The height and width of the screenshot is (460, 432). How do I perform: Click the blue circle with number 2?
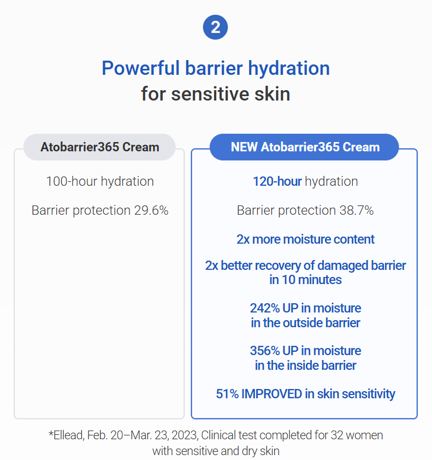pyautogui.click(x=215, y=27)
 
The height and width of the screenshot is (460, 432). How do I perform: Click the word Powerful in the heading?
pyautogui.click(x=140, y=68)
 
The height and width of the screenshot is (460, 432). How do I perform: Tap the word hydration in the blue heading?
pyautogui.click(x=289, y=69)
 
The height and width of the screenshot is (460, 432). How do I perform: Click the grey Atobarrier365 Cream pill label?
pyautogui.click(x=100, y=147)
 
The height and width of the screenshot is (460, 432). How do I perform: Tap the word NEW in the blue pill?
pyautogui.click(x=244, y=147)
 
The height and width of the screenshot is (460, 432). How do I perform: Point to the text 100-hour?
pyautogui.click(x=72, y=181)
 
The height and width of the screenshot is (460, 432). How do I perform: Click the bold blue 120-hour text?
pyautogui.click(x=277, y=181)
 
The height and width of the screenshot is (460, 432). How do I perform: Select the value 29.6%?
pyautogui.click(x=151, y=210)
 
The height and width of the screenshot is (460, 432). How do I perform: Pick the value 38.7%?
pyautogui.click(x=357, y=210)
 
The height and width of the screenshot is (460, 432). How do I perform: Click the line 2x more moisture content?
pyautogui.click(x=306, y=239)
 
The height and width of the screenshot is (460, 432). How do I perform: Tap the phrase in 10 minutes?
pyautogui.click(x=306, y=280)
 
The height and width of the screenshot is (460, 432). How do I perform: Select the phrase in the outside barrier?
pyautogui.click(x=306, y=323)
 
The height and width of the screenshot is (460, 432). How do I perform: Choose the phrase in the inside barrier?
pyautogui.click(x=306, y=365)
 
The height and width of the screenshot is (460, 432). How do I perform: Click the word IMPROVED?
pyautogui.click(x=271, y=394)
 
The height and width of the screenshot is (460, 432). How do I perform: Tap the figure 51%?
pyautogui.click(x=227, y=394)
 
